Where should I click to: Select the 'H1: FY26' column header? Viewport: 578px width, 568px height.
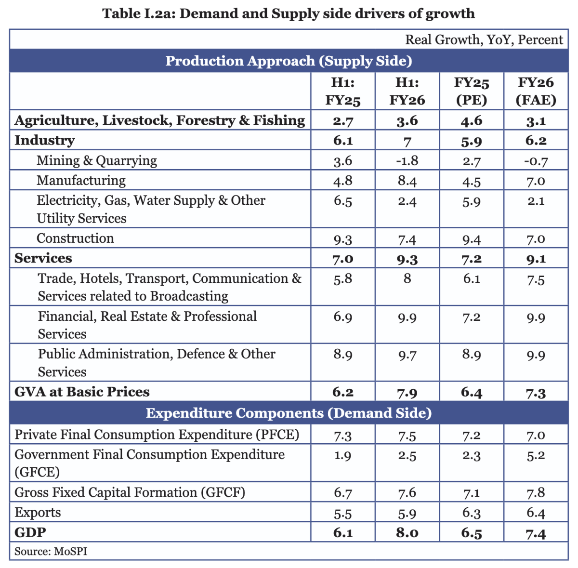(407, 91)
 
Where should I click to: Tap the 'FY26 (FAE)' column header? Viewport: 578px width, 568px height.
(536, 91)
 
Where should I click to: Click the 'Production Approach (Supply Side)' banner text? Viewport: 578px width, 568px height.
(289, 61)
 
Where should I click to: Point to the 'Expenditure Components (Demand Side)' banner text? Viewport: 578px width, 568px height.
(289, 413)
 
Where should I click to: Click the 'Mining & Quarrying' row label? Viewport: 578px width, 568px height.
(97, 160)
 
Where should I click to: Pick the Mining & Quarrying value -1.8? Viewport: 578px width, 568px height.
(407, 161)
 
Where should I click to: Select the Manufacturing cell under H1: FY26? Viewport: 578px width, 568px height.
(407, 181)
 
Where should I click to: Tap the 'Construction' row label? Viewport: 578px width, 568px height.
(75, 238)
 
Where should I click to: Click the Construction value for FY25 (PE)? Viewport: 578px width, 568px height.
(471, 239)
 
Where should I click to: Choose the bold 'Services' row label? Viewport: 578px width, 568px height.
(43, 258)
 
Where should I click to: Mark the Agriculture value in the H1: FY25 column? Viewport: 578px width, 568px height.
(343, 121)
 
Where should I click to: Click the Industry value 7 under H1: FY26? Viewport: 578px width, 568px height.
(407, 141)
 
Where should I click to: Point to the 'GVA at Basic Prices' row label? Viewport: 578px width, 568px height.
(82, 392)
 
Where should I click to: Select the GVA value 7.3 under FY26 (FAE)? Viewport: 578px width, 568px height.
(536, 393)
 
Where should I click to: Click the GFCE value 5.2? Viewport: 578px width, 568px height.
(536, 456)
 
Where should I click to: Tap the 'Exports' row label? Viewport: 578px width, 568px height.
(38, 512)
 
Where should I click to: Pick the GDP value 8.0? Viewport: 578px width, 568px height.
(407, 533)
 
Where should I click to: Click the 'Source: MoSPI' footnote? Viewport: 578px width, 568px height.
(51, 551)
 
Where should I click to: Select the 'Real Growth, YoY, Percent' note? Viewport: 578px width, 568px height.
(484, 40)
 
